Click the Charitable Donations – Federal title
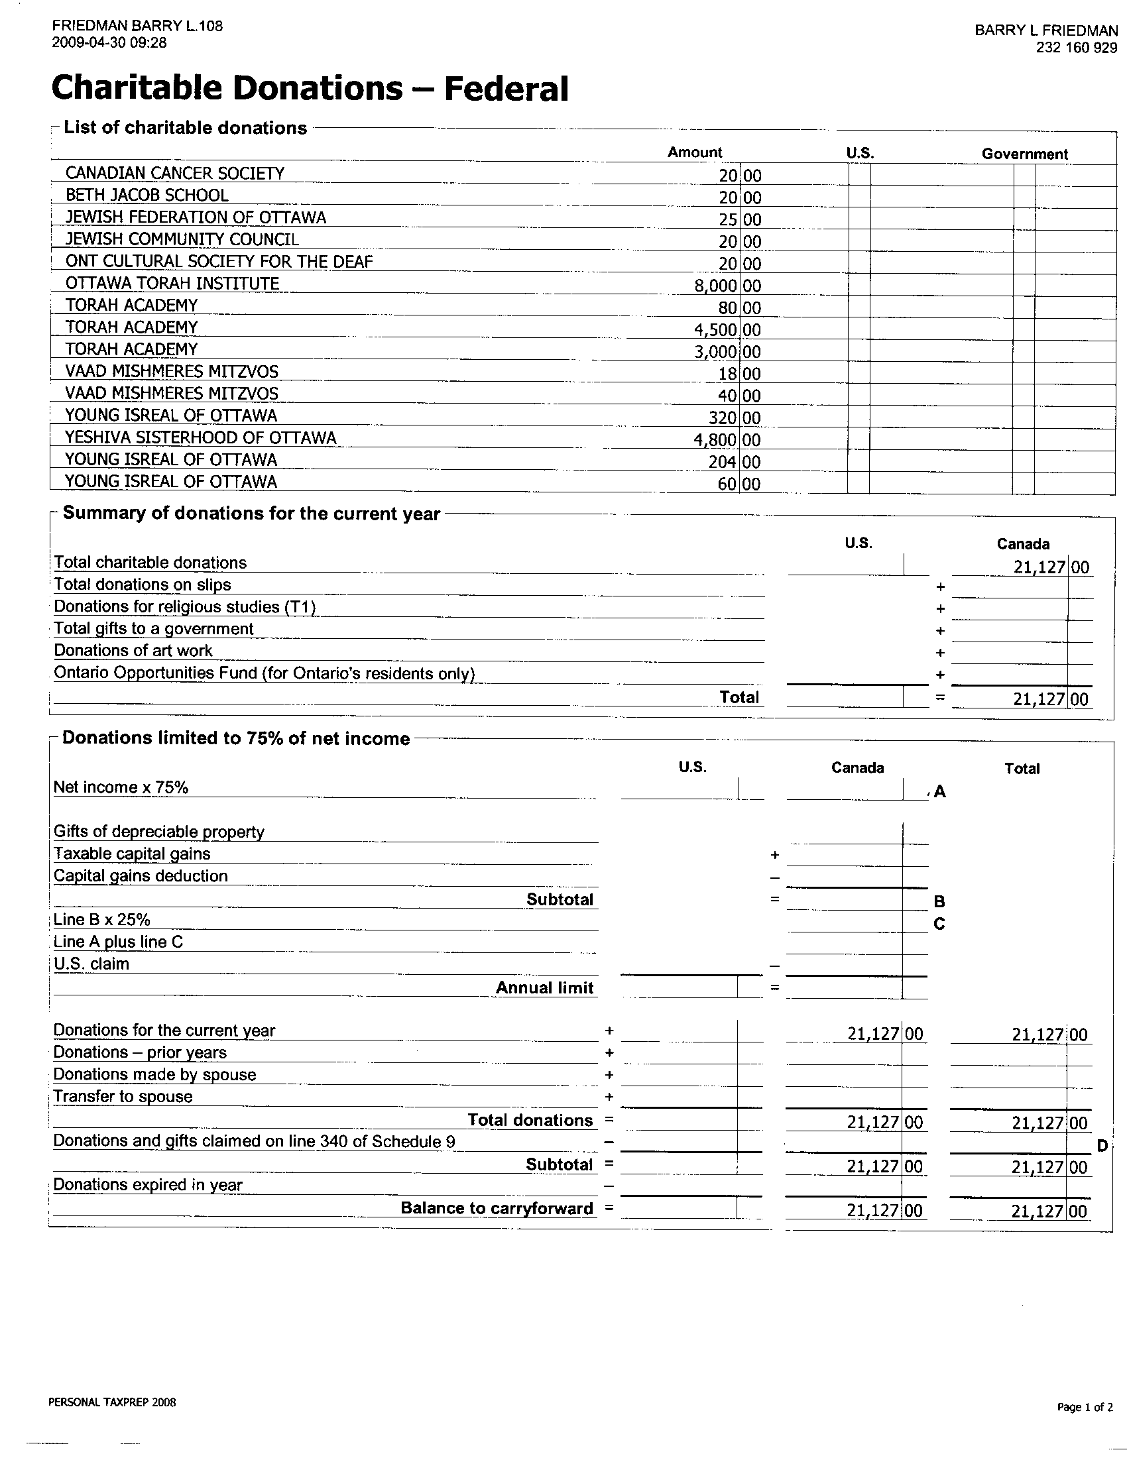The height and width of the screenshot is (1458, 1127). (310, 88)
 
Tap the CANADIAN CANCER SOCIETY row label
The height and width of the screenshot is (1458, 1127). (175, 174)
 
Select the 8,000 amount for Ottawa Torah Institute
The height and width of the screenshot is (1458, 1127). (716, 286)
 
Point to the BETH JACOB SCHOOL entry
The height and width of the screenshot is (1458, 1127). (147, 196)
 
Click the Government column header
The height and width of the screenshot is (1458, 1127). (1024, 154)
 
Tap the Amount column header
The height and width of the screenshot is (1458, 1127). (694, 152)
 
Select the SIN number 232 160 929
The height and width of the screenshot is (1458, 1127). (1076, 48)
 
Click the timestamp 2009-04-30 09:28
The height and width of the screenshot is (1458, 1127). (109, 43)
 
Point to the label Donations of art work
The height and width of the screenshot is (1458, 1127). (133, 651)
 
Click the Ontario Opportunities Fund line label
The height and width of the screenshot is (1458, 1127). (264, 673)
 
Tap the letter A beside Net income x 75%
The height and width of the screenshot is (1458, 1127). (940, 792)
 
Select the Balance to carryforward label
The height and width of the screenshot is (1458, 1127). (497, 1209)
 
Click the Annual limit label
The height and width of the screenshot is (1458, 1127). (544, 988)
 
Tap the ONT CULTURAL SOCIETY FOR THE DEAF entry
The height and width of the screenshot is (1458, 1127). (219, 262)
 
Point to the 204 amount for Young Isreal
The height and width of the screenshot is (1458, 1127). (723, 463)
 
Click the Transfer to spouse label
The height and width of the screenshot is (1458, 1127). (123, 1097)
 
